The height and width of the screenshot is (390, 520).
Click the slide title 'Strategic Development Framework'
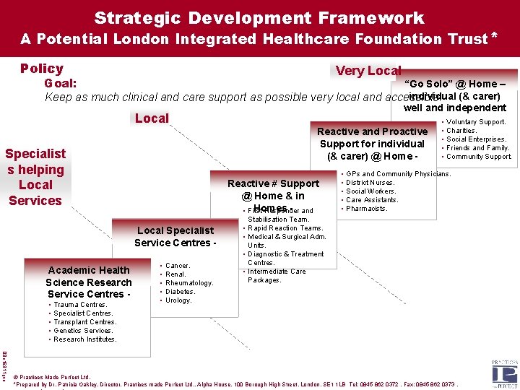(259, 17)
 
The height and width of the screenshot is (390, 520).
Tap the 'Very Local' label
(368, 70)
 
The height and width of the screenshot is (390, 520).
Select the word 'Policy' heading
(42, 69)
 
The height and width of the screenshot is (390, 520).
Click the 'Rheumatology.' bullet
(189, 283)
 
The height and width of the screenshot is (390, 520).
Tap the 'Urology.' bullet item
(178, 300)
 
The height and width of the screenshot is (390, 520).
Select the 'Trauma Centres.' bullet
(80, 305)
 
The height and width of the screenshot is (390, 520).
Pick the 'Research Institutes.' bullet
(84, 339)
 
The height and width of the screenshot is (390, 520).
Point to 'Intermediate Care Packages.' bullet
(277, 276)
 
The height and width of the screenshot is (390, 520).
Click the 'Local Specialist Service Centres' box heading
(175, 237)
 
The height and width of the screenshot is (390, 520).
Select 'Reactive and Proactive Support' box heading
(372, 143)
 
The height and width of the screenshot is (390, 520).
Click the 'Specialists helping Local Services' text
(35, 177)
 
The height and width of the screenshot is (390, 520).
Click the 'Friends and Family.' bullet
(478, 148)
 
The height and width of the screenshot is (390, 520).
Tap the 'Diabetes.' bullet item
(180, 292)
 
